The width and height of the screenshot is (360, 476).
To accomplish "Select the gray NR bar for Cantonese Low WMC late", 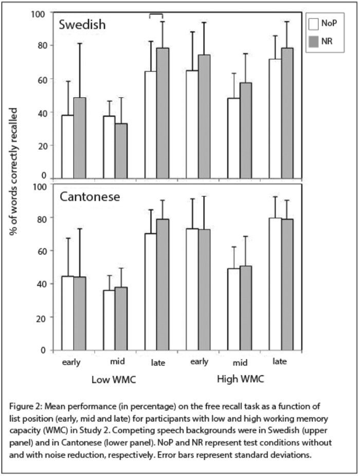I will point(163,285).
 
